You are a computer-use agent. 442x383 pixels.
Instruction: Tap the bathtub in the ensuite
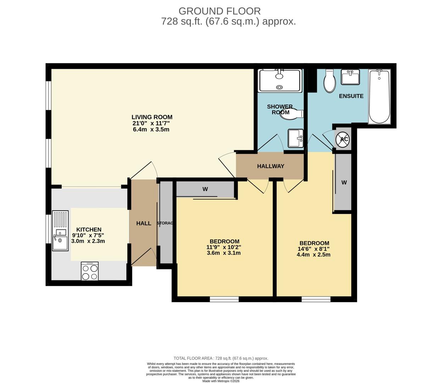click(379, 96)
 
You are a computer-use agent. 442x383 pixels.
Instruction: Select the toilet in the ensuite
click(330, 81)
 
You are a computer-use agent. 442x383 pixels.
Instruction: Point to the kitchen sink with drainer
click(60, 231)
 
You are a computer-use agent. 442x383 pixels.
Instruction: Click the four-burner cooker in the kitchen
click(90, 271)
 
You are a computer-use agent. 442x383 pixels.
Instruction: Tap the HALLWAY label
click(270, 166)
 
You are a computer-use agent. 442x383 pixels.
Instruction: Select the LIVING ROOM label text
click(152, 117)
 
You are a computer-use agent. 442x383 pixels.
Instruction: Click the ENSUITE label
click(351, 96)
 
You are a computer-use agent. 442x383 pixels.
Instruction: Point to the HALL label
click(144, 223)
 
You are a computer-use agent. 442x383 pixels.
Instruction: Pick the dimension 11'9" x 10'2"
click(224, 247)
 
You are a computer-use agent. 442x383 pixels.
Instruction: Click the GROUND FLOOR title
click(219, 11)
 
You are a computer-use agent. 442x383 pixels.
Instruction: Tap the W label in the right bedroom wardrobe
click(344, 183)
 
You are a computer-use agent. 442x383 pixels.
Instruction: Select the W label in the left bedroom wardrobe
click(205, 189)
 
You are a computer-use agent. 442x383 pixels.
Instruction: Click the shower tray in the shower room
click(280, 81)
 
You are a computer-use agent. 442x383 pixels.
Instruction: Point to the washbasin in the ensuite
click(350, 77)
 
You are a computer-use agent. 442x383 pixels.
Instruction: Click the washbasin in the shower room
click(295, 138)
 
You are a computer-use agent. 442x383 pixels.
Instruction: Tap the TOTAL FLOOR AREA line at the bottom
click(220, 358)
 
